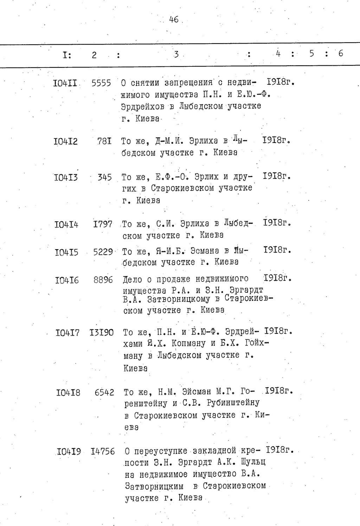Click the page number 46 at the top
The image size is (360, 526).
click(x=173, y=20)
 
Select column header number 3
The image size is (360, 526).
click(x=176, y=54)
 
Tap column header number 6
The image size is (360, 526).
click(x=340, y=53)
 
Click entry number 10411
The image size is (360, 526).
click(x=66, y=83)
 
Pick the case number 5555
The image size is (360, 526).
click(x=101, y=83)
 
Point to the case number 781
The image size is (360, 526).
click(x=105, y=141)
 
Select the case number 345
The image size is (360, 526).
click(x=105, y=177)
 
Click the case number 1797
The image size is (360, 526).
click(x=103, y=224)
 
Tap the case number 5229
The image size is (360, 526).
click(x=103, y=252)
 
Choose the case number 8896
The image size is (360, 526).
click(x=103, y=280)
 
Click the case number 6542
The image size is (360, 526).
click(x=104, y=392)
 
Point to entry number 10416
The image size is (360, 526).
click(x=67, y=280)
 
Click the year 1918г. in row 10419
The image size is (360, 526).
click(x=280, y=450)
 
